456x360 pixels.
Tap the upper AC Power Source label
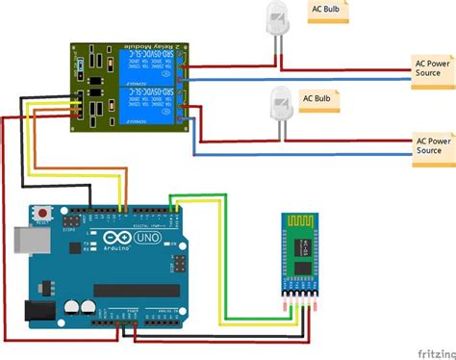pos(434,65)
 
